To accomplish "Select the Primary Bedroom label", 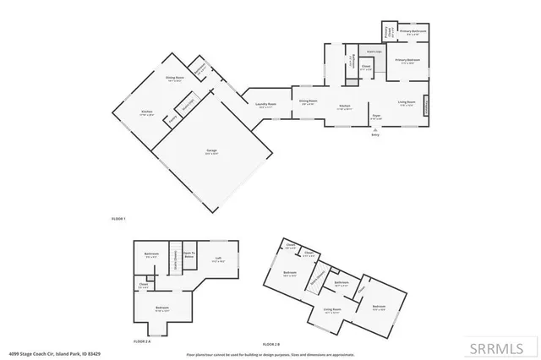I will (x=407, y=61).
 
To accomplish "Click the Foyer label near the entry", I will (x=376, y=118).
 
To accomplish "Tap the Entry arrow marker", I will (x=375, y=131).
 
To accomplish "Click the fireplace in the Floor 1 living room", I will (x=426, y=107).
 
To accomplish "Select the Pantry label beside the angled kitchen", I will (x=174, y=120).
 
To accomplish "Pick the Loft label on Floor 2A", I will (x=218, y=260).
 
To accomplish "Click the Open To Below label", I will (x=190, y=254).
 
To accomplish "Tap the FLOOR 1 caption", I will (x=118, y=219).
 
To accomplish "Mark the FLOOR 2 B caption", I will (x=271, y=345).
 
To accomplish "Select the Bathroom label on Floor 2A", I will (x=152, y=254).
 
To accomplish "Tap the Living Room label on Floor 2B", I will (x=331, y=311).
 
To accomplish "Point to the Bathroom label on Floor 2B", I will (x=342, y=283).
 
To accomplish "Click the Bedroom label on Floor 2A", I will (x=161, y=308).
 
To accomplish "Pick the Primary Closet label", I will (x=387, y=33).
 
